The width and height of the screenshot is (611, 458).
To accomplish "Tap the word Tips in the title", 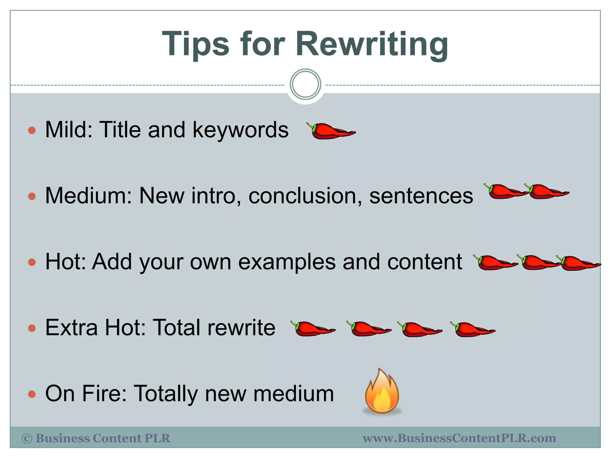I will tap(196, 45).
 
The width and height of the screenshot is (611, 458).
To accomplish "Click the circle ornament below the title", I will tap(305, 84).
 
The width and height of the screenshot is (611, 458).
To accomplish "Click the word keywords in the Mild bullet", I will tap(240, 130).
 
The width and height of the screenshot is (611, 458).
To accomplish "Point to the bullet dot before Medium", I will tap(32, 196).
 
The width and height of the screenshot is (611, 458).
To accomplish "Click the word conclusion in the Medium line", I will tap(305, 196).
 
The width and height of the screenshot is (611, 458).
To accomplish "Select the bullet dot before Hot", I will tap(32, 262).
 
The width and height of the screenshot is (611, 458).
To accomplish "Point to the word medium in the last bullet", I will tap(294, 394).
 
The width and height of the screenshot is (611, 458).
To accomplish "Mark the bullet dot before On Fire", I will tap(32, 394).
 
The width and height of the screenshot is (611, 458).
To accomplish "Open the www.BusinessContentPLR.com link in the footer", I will tap(459, 438).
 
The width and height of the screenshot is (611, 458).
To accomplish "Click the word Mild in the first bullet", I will tap(69, 130).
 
